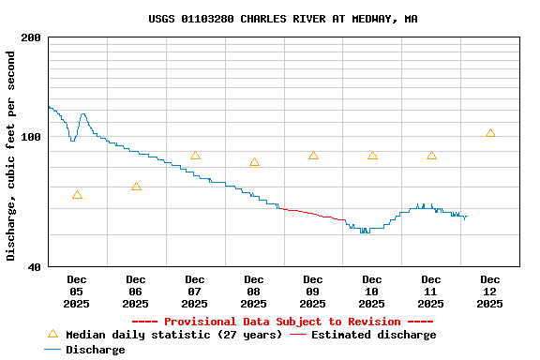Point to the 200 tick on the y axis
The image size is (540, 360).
point(31,37)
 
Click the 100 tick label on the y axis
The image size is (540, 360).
point(31,138)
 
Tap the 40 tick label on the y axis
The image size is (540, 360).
point(34,267)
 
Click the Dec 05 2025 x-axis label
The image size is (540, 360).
point(77,292)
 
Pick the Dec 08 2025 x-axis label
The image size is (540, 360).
point(254,292)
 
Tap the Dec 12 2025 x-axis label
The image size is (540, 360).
point(490,292)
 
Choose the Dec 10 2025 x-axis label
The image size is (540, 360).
point(372,292)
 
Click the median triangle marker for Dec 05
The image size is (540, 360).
point(77,195)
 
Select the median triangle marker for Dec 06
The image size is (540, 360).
point(136,187)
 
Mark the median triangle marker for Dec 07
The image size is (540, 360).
point(195,156)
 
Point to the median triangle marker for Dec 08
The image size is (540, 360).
point(254,162)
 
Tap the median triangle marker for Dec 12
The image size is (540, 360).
point(490,133)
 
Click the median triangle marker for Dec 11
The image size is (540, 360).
point(431,156)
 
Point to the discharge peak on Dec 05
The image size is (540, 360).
point(83,114)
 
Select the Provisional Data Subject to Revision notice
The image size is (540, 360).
point(282,322)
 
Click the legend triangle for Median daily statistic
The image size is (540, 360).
point(52,334)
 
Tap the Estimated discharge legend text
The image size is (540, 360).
point(373,335)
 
